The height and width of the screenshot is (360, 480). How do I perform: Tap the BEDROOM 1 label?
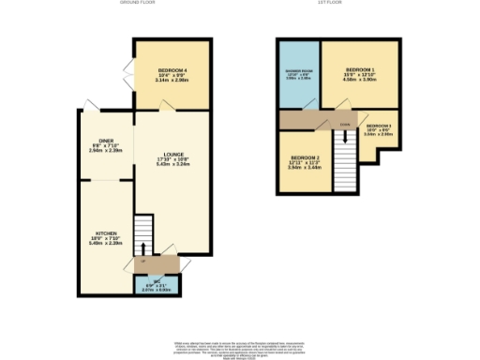click(359, 70)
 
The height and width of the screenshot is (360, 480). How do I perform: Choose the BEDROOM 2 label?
click(306, 157)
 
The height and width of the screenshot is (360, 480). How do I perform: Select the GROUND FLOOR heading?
click(138, 4)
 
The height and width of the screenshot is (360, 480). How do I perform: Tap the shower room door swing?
click(324, 120)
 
